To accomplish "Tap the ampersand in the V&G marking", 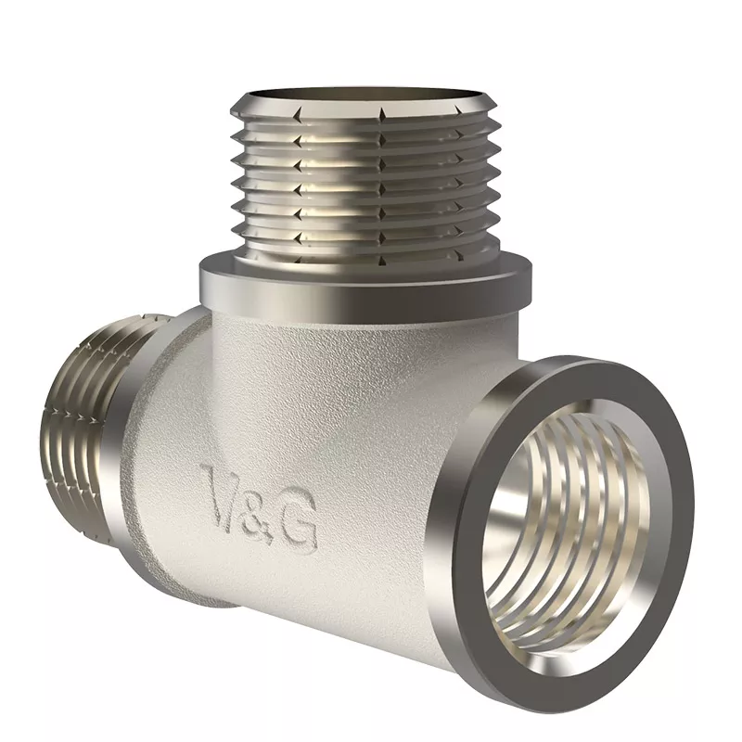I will (x=261, y=508).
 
